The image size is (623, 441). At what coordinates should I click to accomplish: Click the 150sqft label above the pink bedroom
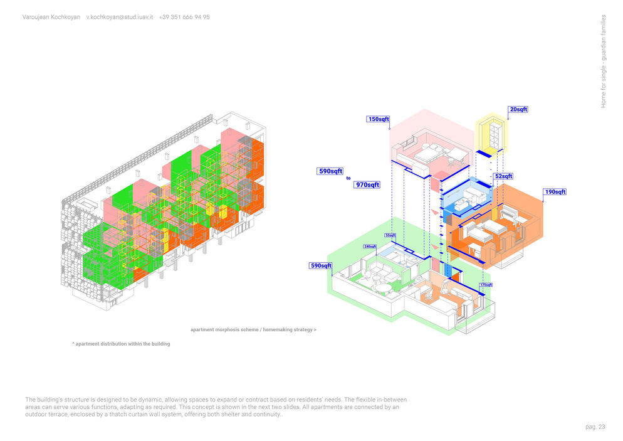[x=379, y=119]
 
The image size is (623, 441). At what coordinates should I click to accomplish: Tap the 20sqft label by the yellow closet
[x=518, y=109]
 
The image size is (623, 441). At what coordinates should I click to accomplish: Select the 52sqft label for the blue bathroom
[x=503, y=176]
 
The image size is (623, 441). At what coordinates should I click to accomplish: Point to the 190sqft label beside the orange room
[x=555, y=192]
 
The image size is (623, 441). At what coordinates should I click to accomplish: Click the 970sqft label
[x=367, y=185]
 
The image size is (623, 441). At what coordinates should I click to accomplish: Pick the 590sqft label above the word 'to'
[x=330, y=171]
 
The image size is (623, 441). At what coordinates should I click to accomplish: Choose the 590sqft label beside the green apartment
[x=321, y=266]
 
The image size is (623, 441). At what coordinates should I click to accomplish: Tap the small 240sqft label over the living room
[x=369, y=247]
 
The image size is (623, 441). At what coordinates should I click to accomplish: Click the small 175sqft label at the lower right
[x=486, y=285]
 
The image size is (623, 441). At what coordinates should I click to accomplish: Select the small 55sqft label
[x=390, y=236]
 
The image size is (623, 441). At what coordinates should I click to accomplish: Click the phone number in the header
[x=184, y=17]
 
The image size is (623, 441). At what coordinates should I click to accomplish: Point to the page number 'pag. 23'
[x=595, y=427]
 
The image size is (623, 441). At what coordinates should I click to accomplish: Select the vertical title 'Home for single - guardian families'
[x=604, y=61]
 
